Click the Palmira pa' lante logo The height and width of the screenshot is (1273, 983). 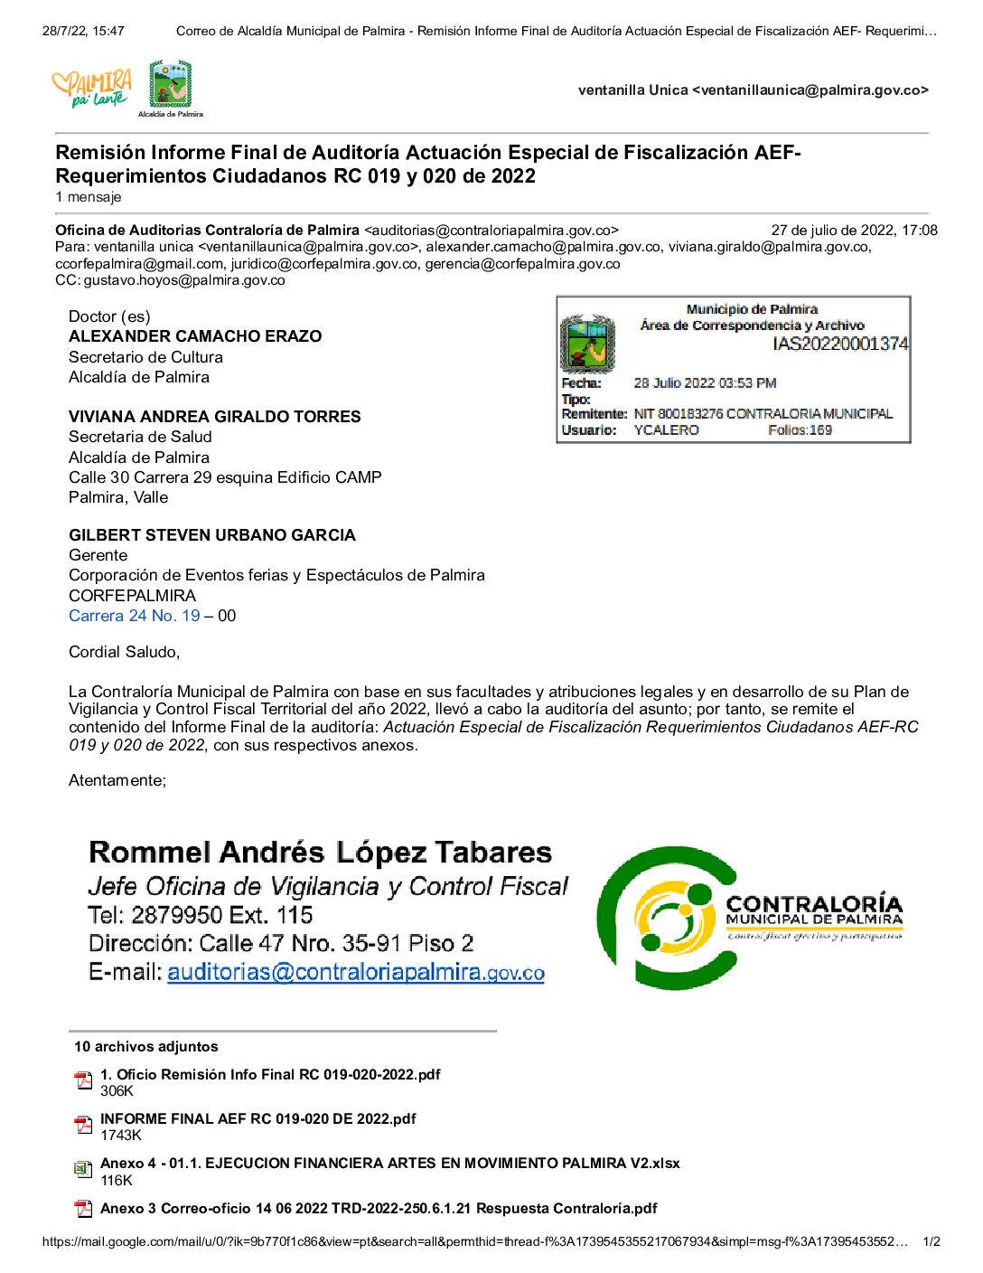pyautogui.click(x=92, y=89)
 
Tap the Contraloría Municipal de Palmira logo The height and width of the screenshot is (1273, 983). pyautogui.click(x=750, y=918)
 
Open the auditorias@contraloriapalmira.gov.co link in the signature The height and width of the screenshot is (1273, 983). pyautogui.click(x=355, y=973)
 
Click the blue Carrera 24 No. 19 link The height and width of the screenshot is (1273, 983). pyautogui.click(x=135, y=616)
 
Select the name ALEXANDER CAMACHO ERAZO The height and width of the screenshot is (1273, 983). pyautogui.click(x=195, y=336)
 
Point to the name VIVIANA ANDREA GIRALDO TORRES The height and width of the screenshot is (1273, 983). pyautogui.click(x=214, y=417)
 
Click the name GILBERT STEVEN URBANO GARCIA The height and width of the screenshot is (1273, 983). pyautogui.click(x=212, y=535)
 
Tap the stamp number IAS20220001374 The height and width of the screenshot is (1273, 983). pyautogui.click(x=840, y=344)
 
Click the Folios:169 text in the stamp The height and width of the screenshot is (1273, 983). pyautogui.click(x=800, y=430)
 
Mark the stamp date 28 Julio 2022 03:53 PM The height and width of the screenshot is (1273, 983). pyautogui.click(x=705, y=383)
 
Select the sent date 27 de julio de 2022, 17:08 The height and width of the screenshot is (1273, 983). pyautogui.click(x=854, y=231)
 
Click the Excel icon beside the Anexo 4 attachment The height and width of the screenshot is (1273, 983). pyautogui.click(x=83, y=1170)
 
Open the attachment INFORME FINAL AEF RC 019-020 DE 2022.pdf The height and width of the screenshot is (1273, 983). pyautogui.click(x=257, y=1119)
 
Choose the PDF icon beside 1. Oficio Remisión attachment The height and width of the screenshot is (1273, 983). pyautogui.click(x=83, y=1081)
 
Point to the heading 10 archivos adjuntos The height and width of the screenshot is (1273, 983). pyautogui.click(x=146, y=1047)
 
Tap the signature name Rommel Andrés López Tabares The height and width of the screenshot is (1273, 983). pyautogui.click(x=320, y=852)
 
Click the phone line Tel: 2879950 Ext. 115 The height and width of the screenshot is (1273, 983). pyautogui.click(x=201, y=915)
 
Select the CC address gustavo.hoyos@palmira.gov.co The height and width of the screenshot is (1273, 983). pyautogui.click(x=184, y=280)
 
